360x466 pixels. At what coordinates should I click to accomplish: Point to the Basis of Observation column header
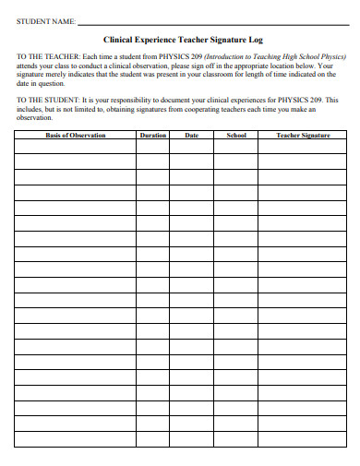[x=76, y=136]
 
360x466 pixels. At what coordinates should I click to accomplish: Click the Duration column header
[x=152, y=136]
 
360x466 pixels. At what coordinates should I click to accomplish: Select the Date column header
[x=191, y=136]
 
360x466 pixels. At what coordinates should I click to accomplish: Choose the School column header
[x=235, y=136]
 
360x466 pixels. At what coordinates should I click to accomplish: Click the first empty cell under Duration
[x=152, y=146]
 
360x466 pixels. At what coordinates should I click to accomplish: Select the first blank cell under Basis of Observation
[x=76, y=146]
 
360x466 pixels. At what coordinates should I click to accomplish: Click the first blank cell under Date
[x=191, y=146]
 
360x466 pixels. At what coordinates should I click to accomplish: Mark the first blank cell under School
[x=235, y=146]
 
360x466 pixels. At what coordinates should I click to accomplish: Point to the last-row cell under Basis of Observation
[x=76, y=439]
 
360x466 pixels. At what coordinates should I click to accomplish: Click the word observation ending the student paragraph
[x=35, y=117]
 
